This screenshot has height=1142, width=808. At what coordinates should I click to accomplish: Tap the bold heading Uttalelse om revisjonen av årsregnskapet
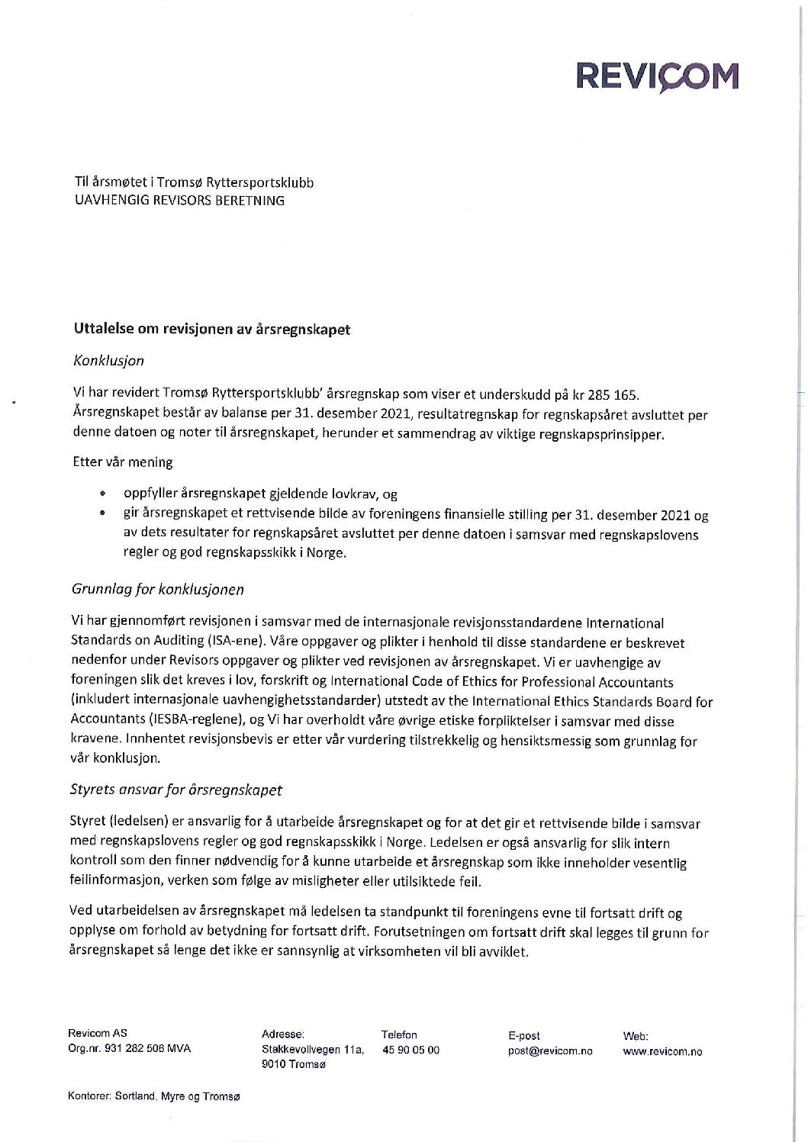(212, 330)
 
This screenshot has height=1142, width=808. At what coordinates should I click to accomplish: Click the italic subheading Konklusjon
(108, 360)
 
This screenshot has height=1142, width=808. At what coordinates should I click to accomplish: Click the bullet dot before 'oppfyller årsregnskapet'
(102, 494)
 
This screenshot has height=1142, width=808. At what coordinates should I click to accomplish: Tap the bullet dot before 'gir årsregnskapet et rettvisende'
(102, 515)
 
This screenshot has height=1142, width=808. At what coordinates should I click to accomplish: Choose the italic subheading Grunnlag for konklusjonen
(158, 590)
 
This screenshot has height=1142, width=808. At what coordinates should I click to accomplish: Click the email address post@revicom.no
(550, 1050)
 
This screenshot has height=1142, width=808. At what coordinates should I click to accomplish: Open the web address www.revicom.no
(662, 1050)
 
